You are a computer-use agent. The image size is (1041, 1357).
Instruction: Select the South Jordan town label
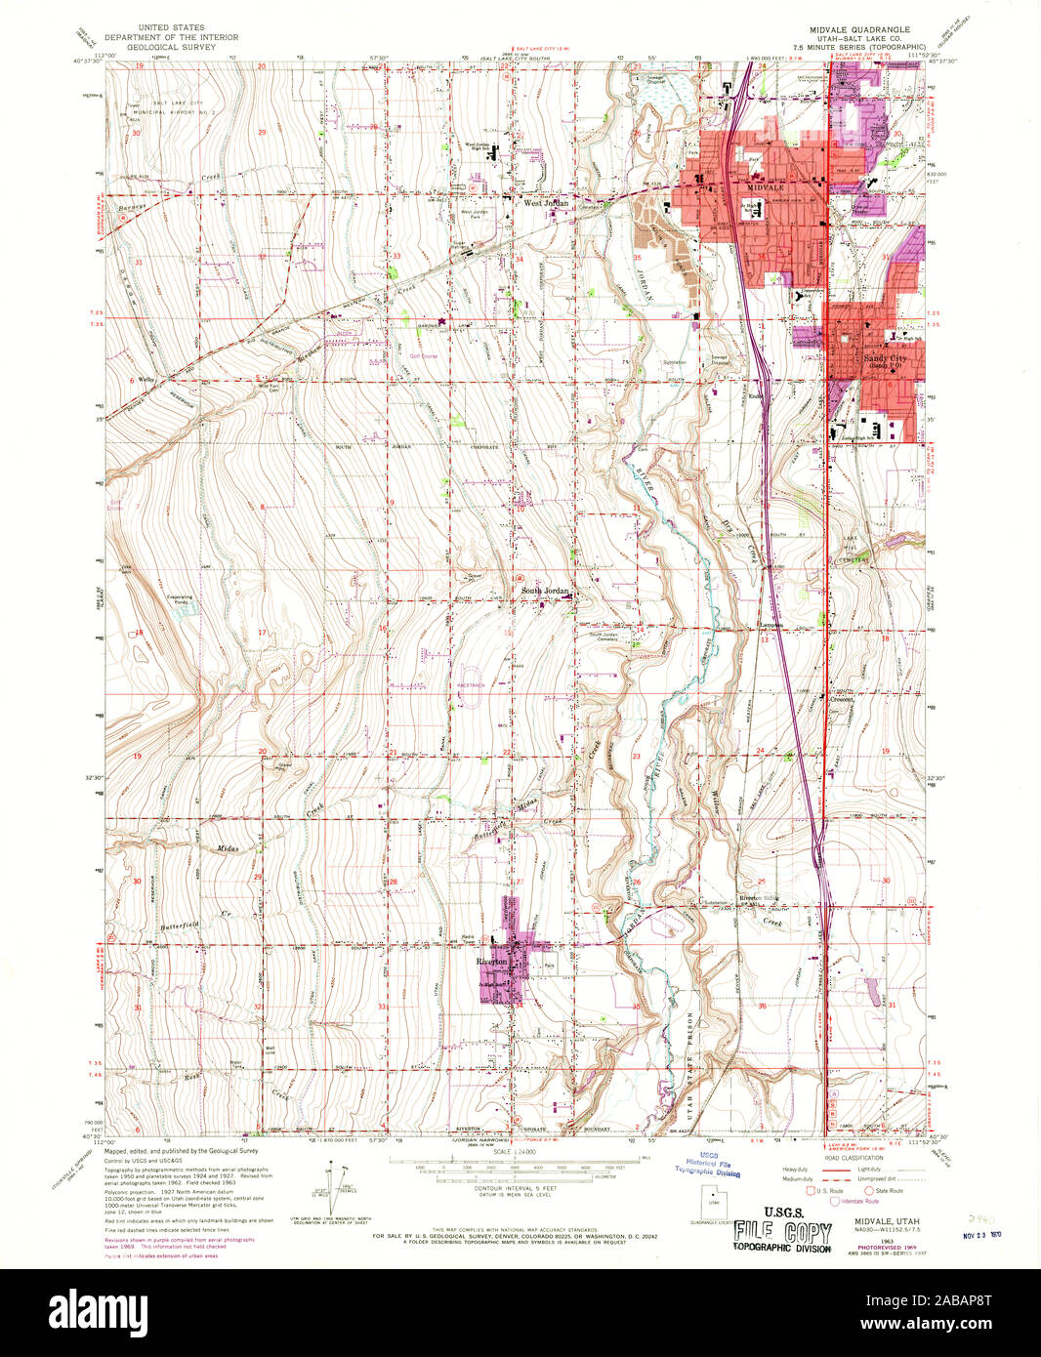coord(543,592)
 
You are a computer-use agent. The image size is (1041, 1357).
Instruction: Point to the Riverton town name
coord(491,962)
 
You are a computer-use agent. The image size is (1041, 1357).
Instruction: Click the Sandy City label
coord(885,358)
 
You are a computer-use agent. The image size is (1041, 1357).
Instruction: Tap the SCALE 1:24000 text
coord(518,1152)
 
